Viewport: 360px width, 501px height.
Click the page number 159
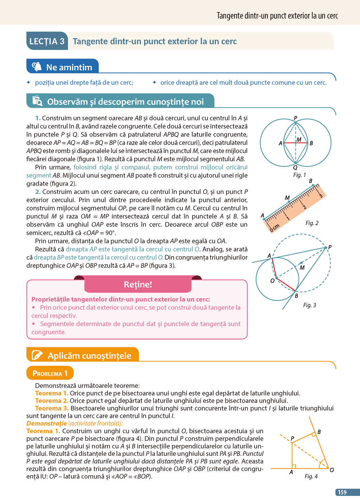coord(342,493)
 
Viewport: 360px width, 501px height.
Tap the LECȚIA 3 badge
coord(47,41)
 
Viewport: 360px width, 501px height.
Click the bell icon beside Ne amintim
coord(37,66)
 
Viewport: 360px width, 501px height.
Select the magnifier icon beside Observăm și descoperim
coord(37,101)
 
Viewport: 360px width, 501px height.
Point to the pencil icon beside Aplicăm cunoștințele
coord(37,355)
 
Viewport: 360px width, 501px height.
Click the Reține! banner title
coord(138,284)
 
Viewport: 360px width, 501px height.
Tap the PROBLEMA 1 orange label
coord(50,373)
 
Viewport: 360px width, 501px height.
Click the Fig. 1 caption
coord(300,175)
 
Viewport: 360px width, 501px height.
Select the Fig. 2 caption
coord(312,223)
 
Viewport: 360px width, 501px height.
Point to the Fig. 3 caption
coord(309,305)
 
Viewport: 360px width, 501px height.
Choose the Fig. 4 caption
coord(311,476)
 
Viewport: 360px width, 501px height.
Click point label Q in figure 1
coord(295,167)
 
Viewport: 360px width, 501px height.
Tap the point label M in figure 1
coord(299,140)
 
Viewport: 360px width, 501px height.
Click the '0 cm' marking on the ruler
coord(274,227)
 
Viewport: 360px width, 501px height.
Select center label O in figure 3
coord(272,281)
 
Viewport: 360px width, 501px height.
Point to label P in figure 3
coord(330,247)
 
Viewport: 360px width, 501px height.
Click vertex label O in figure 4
coord(332,470)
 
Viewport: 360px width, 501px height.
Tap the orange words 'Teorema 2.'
coord(52,401)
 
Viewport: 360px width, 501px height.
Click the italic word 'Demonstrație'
coord(46,423)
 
